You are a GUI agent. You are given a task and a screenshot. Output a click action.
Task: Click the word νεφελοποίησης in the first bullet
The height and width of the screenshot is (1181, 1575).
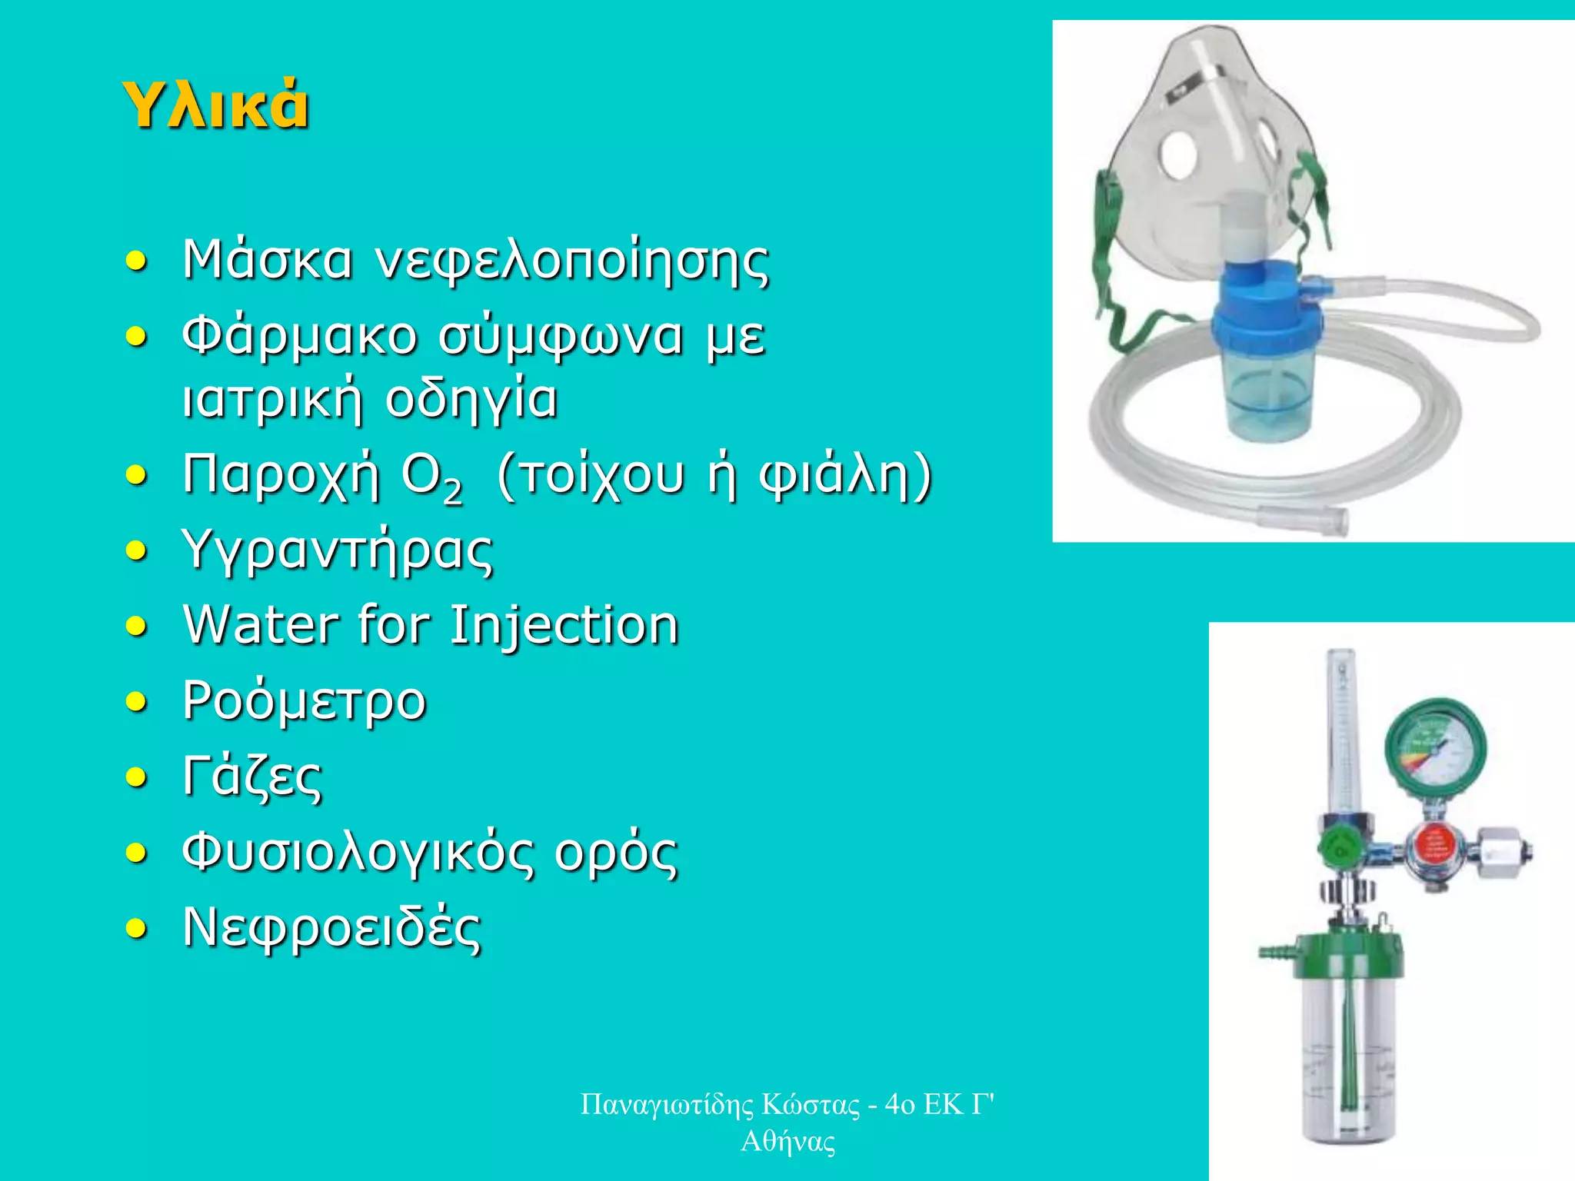click(x=571, y=261)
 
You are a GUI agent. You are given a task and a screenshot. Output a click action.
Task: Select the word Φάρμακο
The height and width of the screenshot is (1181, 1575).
click(x=299, y=338)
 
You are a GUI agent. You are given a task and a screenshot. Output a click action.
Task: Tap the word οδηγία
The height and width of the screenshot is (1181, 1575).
click(x=471, y=399)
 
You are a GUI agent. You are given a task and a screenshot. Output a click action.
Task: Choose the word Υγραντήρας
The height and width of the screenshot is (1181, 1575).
click(x=338, y=551)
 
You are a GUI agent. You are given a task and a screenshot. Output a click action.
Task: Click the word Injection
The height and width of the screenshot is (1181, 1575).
click(x=564, y=624)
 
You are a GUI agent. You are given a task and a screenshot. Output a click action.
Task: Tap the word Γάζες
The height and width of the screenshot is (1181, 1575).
click(x=252, y=777)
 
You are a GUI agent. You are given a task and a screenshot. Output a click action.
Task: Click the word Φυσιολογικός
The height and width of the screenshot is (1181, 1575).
click(x=358, y=853)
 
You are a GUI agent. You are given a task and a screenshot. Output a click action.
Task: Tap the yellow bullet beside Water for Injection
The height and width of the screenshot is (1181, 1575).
click(x=136, y=627)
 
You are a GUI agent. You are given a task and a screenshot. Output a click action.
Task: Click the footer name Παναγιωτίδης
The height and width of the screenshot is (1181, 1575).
click(x=667, y=1104)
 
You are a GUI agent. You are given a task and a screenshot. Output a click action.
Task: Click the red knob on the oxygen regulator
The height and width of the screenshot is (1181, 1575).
click(x=1433, y=846)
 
